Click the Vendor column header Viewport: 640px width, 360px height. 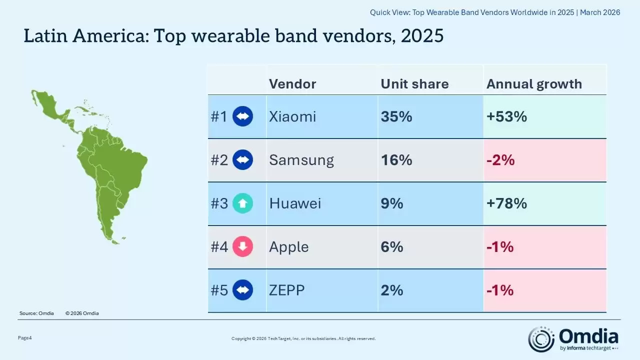(292, 83)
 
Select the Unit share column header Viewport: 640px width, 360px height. (414, 83)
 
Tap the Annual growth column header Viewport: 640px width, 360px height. (534, 83)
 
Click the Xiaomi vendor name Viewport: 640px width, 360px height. (292, 116)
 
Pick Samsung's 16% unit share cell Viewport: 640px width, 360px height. (396, 160)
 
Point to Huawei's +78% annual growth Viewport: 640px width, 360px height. (506, 203)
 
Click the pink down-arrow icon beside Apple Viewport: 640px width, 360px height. (243, 247)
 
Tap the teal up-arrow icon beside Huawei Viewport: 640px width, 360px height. (243, 203)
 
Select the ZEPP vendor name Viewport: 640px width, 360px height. (286, 290)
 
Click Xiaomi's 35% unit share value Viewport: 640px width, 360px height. (396, 116)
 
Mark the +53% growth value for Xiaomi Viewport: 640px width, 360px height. (506, 116)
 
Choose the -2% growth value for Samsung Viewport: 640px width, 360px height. (500, 160)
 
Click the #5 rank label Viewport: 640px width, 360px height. (219, 290)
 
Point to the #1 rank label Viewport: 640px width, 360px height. (219, 116)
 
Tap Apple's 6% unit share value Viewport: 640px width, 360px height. (392, 247)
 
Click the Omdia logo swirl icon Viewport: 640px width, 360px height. (541, 339)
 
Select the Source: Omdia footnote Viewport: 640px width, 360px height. (36, 313)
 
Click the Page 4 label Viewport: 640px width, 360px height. (25, 338)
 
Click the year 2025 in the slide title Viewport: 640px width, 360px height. (421, 36)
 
